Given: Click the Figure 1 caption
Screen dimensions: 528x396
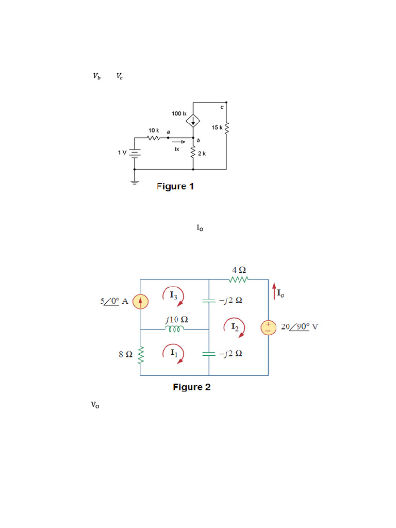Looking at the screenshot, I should tap(175, 187).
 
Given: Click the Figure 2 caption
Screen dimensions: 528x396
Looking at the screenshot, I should tap(191, 387).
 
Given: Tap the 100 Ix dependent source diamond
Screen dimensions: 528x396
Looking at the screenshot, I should tap(193, 121).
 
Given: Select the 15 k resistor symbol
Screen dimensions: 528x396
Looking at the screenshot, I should tap(226, 127).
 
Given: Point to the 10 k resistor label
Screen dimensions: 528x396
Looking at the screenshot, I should tap(154, 131).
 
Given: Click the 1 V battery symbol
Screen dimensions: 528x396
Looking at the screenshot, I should tap(135, 153).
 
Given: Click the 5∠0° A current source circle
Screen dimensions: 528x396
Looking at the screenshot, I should tap(140, 301).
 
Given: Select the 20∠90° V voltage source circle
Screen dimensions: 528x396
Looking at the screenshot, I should tap(269, 327).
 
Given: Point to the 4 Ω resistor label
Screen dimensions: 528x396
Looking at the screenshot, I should tap(238, 270).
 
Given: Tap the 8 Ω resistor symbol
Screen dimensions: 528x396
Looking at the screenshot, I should tap(140, 356).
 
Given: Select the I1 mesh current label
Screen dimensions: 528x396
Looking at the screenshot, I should tap(174, 353).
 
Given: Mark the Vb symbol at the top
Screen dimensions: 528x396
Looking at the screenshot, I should tap(97, 76).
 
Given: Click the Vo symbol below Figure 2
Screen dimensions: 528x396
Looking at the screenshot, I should tap(95, 405).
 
